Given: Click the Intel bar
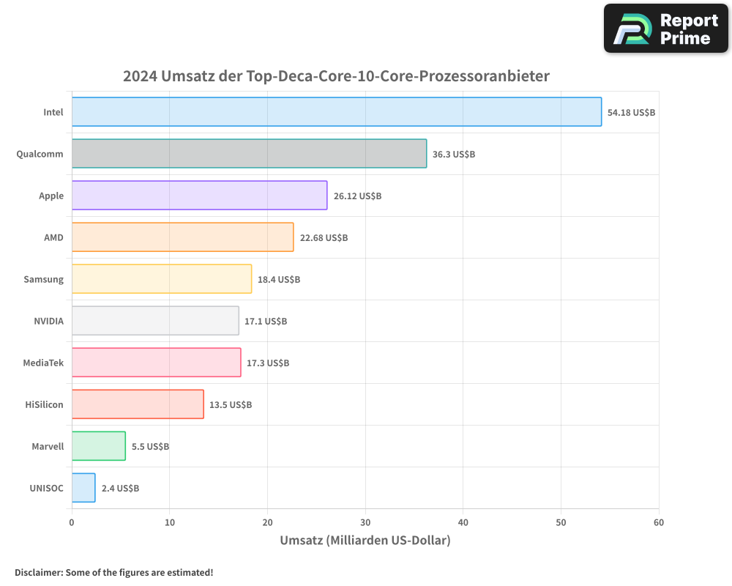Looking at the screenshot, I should (337, 112).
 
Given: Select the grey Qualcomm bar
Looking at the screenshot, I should (249, 154).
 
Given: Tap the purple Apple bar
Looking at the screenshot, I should (199, 196).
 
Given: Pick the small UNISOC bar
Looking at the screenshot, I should (83, 488).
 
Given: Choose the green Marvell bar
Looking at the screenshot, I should (99, 446).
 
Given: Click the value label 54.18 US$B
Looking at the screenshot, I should (631, 113).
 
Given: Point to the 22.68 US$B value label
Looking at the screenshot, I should (324, 238).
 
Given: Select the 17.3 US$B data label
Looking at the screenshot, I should (268, 363).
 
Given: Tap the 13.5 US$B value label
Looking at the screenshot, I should (231, 405).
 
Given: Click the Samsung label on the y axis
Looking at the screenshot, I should (44, 280).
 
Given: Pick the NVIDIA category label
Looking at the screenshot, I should (48, 322).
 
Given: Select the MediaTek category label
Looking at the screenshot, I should (43, 363).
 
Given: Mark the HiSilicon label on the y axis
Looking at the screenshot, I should (44, 405).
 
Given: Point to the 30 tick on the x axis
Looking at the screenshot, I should (365, 522).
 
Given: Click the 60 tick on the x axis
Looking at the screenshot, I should (659, 522).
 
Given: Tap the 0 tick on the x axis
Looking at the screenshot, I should (72, 522).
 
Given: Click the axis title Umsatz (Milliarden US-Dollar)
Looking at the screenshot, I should (365, 541).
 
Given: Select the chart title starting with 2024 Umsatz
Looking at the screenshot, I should (336, 76).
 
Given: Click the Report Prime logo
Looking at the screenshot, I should (666, 29).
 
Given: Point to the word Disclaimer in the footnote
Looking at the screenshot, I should (38, 572).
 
